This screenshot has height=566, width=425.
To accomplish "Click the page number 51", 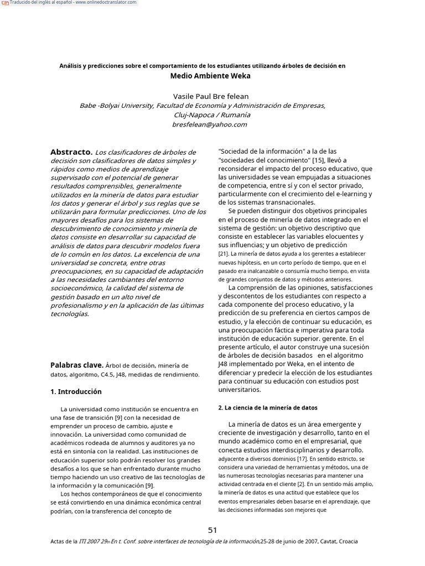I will click(x=212, y=530).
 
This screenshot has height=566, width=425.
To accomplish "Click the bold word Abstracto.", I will click(x=71, y=151).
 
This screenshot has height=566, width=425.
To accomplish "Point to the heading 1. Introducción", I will click(x=76, y=391).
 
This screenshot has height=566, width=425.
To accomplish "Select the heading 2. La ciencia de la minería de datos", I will click(x=268, y=407).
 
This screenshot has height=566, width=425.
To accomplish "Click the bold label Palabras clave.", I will click(x=76, y=365).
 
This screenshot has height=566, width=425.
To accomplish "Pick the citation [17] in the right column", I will click(x=302, y=459).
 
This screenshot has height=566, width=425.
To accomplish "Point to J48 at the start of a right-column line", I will click(x=225, y=364).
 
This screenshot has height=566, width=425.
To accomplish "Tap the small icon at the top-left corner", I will click(x=5, y=3).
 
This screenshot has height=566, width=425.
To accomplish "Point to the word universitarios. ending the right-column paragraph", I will click(x=239, y=389).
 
